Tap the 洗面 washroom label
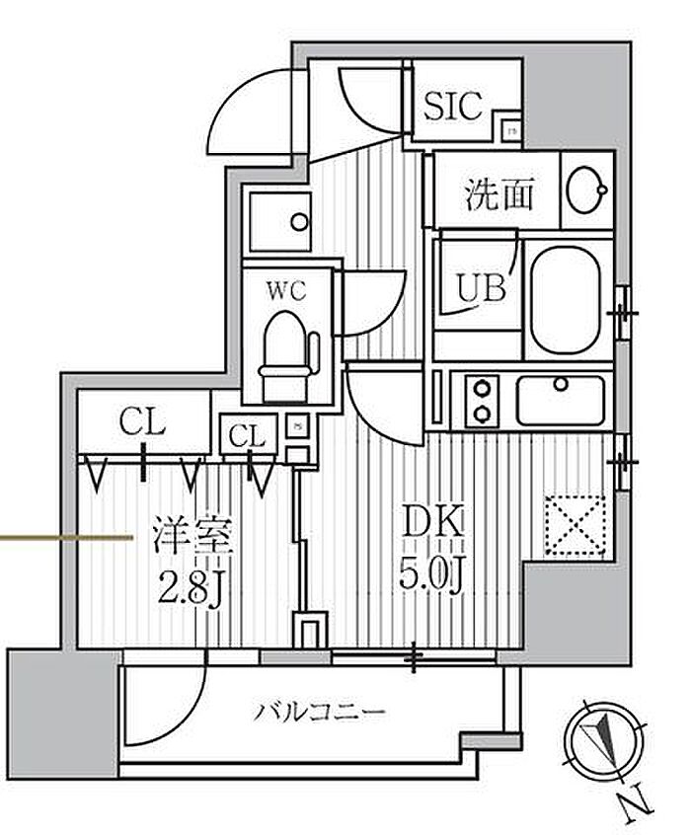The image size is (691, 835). (x=499, y=194)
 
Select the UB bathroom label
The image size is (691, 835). (x=481, y=287)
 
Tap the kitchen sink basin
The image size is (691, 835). (x=560, y=400)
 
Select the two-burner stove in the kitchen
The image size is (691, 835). (x=483, y=400)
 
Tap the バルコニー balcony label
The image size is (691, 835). (x=318, y=711)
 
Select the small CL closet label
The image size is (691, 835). (x=248, y=434)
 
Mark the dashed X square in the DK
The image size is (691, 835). (x=576, y=523)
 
